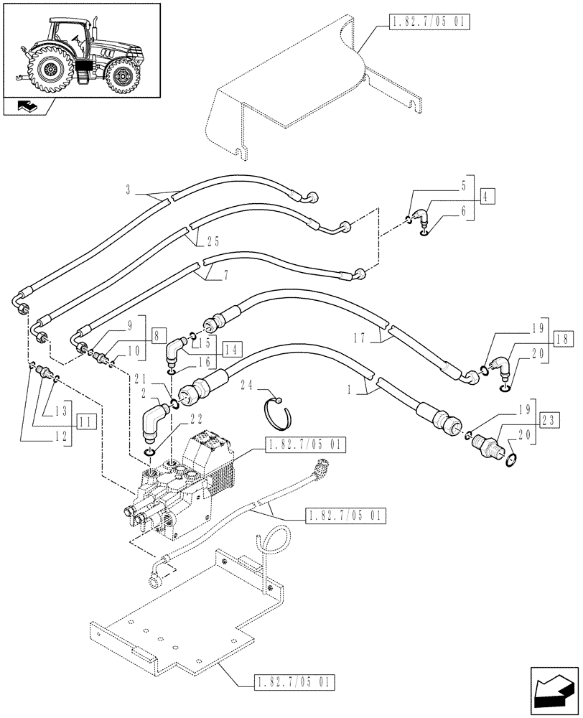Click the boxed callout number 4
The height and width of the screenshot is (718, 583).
[x=486, y=196]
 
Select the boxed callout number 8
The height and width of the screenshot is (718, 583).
[x=158, y=334]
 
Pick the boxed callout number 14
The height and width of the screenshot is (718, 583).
[x=230, y=350]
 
